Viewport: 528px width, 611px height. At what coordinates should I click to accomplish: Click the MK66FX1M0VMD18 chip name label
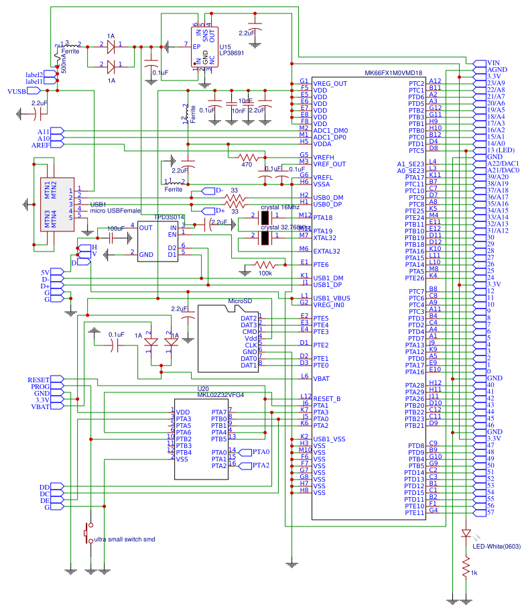tap(393, 73)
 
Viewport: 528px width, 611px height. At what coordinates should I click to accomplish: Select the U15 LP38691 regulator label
tap(230, 51)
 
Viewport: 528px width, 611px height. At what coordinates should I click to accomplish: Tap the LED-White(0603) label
tap(497, 546)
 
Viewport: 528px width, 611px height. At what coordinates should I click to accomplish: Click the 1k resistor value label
tap(474, 573)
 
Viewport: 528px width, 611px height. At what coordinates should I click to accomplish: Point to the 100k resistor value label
tap(265, 274)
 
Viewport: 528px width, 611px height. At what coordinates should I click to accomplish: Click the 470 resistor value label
tap(247, 164)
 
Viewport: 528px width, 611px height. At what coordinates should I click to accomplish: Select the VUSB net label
tap(16, 91)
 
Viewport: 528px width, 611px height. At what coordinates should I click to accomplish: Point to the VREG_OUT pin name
tap(330, 83)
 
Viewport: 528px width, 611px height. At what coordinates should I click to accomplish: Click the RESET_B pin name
tap(327, 398)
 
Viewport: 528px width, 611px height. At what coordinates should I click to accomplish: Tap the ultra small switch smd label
tap(126, 539)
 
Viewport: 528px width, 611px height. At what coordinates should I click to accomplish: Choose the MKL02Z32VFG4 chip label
tap(220, 395)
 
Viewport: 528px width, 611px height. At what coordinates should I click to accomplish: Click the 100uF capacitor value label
tap(115, 229)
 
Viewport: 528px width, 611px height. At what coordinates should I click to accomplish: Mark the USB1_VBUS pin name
tap(332, 297)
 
